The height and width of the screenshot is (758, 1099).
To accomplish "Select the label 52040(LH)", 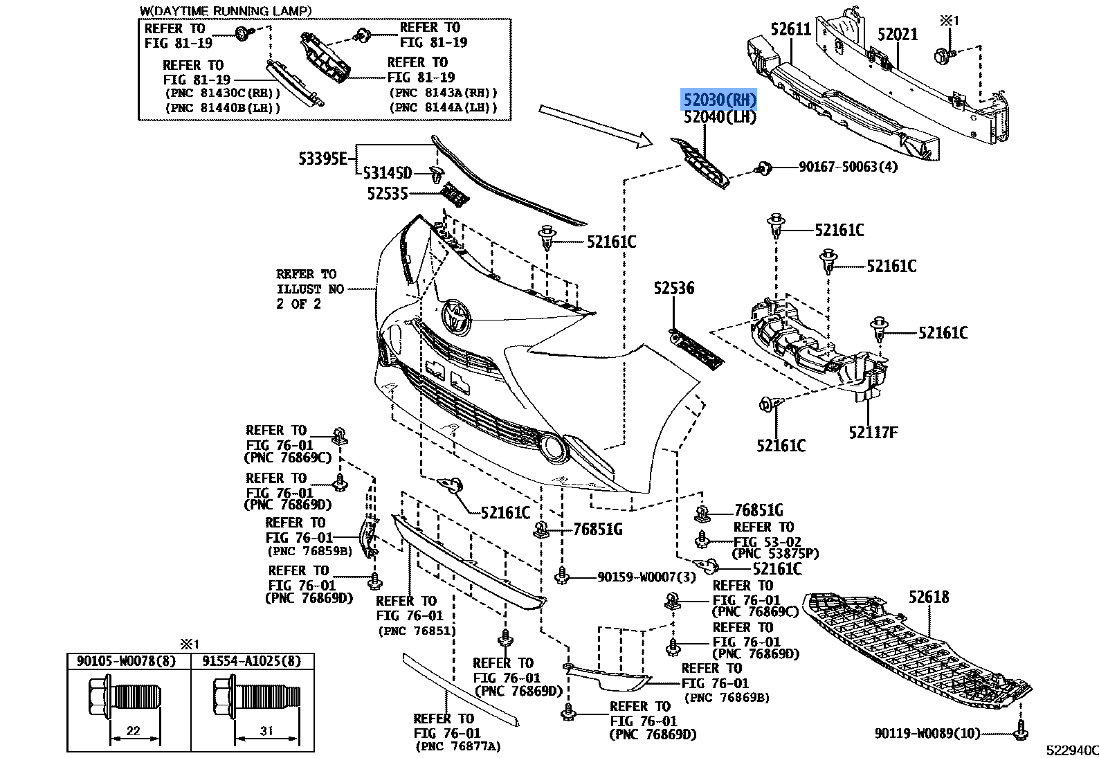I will click(x=720, y=118).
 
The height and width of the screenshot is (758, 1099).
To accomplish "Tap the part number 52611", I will click(x=790, y=29).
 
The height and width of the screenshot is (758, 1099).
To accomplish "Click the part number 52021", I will click(x=897, y=34).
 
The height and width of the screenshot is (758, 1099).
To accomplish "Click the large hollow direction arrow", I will click(x=595, y=126).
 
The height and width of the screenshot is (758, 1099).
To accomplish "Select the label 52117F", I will click(x=873, y=433).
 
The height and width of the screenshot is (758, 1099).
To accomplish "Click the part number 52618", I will click(x=929, y=597).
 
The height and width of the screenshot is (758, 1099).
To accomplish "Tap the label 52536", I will click(x=673, y=288).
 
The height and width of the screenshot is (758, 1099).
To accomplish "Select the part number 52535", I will click(x=387, y=195).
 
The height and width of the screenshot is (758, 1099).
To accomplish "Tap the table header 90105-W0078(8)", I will click(x=129, y=661).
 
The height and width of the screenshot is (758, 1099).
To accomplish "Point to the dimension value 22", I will click(x=134, y=731).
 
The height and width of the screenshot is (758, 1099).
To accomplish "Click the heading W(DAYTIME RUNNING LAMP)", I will click(x=225, y=10).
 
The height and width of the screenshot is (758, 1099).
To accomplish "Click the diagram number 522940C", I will click(x=1071, y=749).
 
